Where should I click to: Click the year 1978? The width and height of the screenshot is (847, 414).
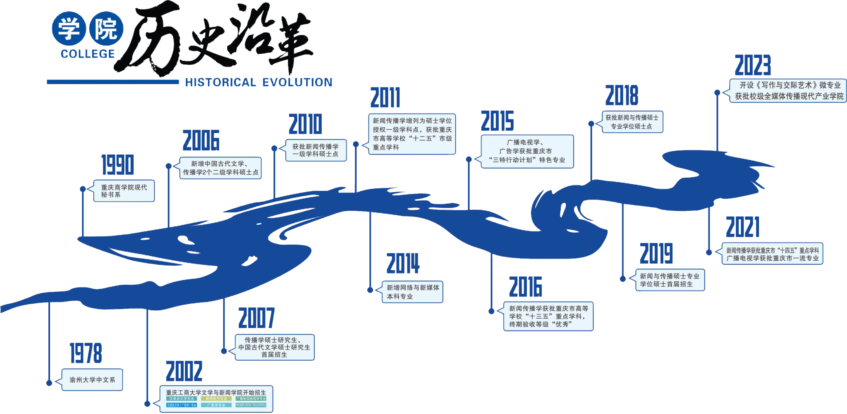click(86, 353)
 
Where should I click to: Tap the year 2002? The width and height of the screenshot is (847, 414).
click(184, 371)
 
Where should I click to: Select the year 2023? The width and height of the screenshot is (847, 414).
click(753, 66)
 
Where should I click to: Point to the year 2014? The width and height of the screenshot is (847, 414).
click(403, 264)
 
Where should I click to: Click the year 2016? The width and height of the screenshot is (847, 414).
click(525, 288)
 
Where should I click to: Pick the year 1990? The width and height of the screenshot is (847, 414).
click(118, 165)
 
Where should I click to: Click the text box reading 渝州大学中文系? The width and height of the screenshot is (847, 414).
click(92, 380)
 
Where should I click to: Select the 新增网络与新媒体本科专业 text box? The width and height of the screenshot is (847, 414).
click(412, 292)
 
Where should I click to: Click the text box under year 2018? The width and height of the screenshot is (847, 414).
click(632, 122)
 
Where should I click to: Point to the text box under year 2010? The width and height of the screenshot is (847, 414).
click(316, 150)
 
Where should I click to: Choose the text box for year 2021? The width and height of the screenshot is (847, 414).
click(772, 254)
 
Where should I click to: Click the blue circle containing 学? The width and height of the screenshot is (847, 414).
click(69, 29)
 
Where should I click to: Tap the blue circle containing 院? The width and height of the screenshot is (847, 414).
click(106, 29)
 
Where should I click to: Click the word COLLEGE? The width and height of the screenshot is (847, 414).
click(88, 54)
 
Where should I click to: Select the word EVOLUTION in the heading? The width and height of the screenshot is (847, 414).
click(297, 82)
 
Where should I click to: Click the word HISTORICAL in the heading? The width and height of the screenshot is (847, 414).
click(220, 82)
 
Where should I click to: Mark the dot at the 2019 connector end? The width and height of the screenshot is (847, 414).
click(623, 279)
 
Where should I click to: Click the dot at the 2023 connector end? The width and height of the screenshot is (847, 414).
click(717, 93)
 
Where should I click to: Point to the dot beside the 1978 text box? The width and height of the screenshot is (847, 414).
click(49, 383)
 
